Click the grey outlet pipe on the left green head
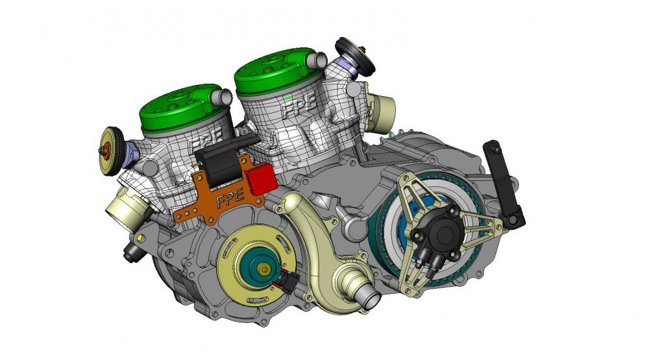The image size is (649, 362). [224, 97]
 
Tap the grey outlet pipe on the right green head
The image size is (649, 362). [319, 60]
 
